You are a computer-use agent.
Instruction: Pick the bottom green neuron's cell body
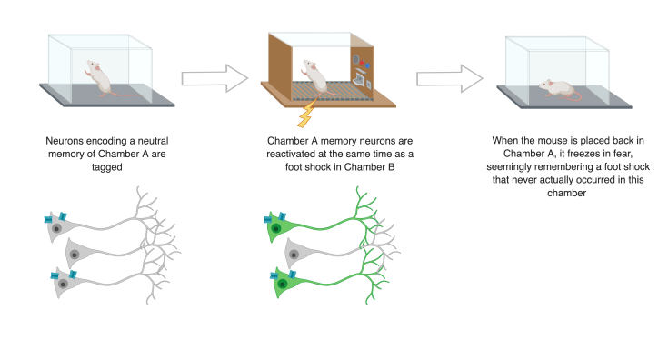pos(283,285)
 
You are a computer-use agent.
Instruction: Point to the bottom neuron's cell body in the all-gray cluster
pos(62,285)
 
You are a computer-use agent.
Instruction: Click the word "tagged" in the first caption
pos(106,166)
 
